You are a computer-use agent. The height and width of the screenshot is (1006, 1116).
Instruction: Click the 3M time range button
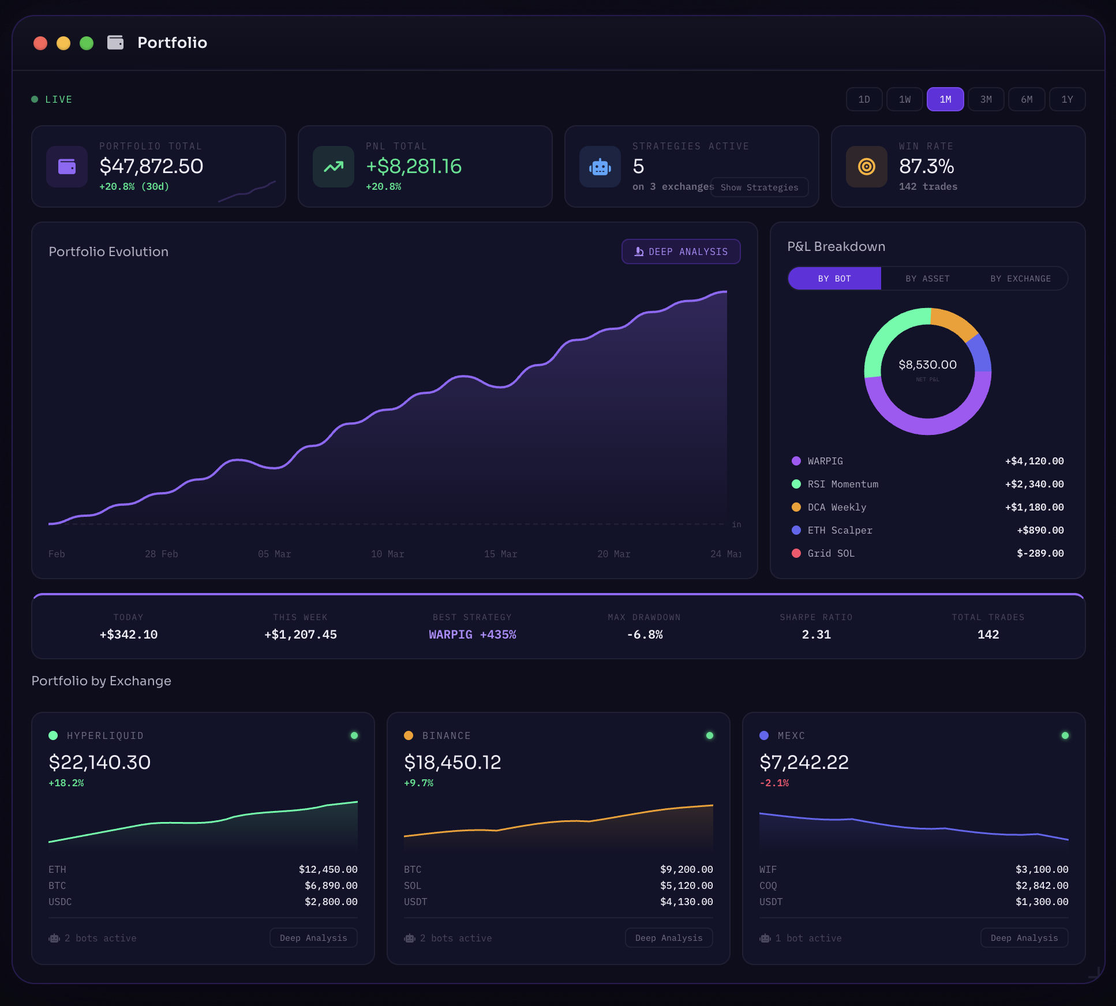pos(986,99)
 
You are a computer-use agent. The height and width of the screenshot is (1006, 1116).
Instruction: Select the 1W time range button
pos(904,99)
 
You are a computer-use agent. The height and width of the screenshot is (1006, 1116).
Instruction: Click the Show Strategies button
pos(759,187)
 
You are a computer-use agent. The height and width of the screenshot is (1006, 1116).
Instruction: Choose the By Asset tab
pos(927,279)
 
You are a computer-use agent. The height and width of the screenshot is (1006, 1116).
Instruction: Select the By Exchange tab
pos(1020,279)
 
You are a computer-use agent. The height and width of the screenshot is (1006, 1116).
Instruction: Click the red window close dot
pos(40,43)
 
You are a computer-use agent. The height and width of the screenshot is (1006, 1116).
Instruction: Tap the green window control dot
pos(87,43)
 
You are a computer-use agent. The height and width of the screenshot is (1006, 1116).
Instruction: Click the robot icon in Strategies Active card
pos(600,167)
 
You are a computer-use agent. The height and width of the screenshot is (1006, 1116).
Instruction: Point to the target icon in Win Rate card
pos(866,167)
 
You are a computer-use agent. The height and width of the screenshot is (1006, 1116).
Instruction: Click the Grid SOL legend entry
pos(830,553)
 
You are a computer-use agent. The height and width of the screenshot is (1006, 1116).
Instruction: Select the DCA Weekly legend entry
pos(836,507)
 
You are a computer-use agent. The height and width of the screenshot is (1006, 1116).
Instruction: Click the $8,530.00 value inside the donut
pos(927,365)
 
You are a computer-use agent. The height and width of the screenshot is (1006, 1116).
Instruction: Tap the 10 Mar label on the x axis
pos(387,554)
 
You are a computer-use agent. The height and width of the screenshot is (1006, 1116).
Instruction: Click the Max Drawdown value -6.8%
pos(645,635)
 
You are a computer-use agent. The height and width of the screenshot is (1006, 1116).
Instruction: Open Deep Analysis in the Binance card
pos(669,938)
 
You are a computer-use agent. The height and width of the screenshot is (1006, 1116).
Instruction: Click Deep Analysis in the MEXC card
pos(1024,938)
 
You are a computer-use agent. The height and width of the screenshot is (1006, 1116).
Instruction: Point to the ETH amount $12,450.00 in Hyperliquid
pos(328,869)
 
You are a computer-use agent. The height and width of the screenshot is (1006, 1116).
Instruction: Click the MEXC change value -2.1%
pos(774,783)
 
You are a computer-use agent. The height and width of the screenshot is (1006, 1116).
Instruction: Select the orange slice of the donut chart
pos(955,321)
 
